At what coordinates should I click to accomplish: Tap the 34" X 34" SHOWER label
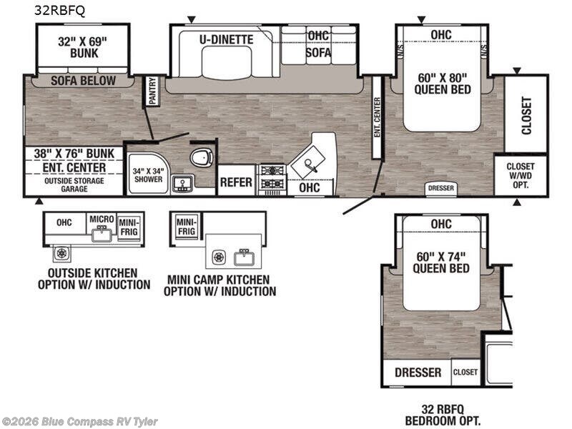pos(148,175)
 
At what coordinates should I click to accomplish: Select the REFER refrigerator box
pos(237,181)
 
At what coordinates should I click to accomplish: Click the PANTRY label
pos(152,91)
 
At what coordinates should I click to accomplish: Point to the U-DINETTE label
pos(227,39)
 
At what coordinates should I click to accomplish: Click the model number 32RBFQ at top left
pos(59,11)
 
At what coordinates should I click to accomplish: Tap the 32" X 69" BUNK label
pos(83,47)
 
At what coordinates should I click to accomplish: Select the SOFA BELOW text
pos(83,81)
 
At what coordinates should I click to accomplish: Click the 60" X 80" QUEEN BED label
pos(443,84)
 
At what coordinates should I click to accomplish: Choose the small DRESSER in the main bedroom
pos(441,188)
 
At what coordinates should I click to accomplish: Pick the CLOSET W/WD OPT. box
pos(521,175)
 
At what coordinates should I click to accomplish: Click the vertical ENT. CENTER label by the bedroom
pos(378,117)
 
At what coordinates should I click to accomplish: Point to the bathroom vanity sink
pos(182,184)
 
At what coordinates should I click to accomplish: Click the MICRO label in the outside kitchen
pos(102,219)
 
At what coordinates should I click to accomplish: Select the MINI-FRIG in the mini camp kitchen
pos(187,226)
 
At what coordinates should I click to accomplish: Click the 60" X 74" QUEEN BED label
pos(441,262)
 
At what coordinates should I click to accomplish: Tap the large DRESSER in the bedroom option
pos(418,373)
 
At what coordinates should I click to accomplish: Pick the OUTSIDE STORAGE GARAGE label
pos(74,185)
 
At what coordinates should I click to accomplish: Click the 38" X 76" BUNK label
pos(74,154)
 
